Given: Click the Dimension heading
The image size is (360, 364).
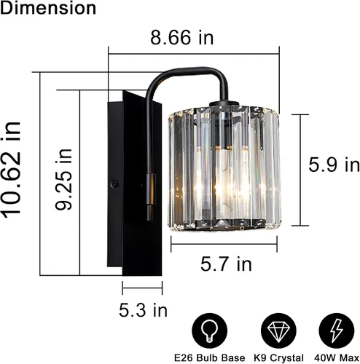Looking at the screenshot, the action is [48, 8].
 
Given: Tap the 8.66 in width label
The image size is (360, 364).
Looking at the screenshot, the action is [182, 38].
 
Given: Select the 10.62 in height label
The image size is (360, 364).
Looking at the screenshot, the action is [11, 170].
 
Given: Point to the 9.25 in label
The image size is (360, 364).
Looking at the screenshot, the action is [63, 179].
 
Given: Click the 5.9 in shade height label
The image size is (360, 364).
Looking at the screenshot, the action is [334, 165].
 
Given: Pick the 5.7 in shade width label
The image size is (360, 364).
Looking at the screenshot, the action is [226, 264].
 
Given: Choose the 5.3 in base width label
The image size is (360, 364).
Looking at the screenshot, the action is [143, 310].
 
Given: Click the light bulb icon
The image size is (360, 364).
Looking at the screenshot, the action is [210, 331].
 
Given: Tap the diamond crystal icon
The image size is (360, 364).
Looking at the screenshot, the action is [278, 331].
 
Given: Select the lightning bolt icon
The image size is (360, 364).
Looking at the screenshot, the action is [337, 331].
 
